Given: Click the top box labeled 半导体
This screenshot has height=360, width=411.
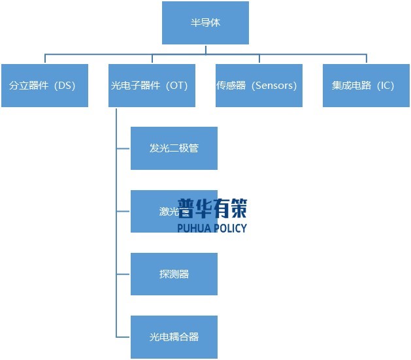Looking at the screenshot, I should pyautogui.click(x=205, y=23).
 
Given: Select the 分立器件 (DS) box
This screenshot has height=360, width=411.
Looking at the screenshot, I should pyautogui.click(x=44, y=86).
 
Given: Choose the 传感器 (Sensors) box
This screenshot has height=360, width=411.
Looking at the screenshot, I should pyautogui.click(x=259, y=86).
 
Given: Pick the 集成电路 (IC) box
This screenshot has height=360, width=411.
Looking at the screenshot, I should pyautogui.click(x=367, y=86).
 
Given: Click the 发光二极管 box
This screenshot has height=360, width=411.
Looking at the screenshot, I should pyautogui.click(x=174, y=148).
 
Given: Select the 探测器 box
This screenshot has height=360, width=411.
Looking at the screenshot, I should pyautogui.click(x=174, y=274).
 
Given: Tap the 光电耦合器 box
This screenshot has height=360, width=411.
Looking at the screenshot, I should pyautogui.click(x=174, y=337).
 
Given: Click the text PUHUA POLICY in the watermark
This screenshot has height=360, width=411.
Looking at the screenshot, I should pyautogui.click(x=212, y=228).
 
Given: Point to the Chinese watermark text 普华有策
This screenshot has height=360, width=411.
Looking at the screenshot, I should pyautogui.click(x=212, y=208).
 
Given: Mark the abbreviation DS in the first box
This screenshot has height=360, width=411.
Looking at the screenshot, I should pyautogui.click(x=66, y=86).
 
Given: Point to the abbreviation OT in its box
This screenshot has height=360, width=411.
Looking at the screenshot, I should pyautogui.click(x=176, y=86).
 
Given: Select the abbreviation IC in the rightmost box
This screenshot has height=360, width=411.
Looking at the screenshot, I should pyautogui.click(x=386, y=86).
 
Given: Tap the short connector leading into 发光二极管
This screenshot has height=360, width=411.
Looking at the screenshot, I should pyautogui.click(x=123, y=148).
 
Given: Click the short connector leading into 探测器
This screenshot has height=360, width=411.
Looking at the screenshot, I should pyautogui.click(x=123, y=274).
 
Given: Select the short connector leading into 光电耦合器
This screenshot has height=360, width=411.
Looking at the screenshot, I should pyautogui.click(x=123, y=337).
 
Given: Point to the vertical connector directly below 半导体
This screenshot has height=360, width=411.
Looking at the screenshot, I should pyautogui.click(x=205, y=49).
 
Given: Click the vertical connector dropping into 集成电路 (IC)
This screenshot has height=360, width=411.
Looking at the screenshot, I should pyautogui.click(x=367, y=59).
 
